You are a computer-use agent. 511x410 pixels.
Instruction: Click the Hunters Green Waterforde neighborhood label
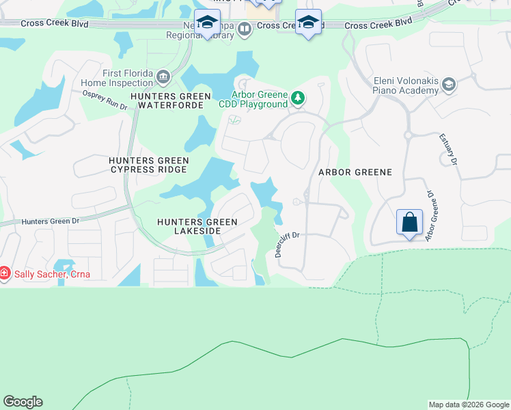pos(170,101)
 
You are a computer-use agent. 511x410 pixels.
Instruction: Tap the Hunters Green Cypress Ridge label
pos(148,165)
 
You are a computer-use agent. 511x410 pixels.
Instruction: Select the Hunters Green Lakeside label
pos(197,227)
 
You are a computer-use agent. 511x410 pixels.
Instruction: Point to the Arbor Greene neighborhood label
pos(355,172)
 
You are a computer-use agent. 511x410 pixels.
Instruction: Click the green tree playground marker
pos(297,98)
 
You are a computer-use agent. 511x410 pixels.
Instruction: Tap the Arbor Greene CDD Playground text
pos(253,100)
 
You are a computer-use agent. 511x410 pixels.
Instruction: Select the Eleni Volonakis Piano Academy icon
pos(449,85)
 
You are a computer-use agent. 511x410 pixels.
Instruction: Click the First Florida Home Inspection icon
pos(163,75)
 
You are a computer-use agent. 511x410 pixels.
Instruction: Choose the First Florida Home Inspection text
pos(127,79)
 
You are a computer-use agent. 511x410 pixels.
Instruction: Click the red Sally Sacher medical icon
pos(5,274)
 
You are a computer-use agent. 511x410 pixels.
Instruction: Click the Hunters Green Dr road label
pos(51,221)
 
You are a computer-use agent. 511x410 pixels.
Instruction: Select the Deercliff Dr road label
pos(288,243)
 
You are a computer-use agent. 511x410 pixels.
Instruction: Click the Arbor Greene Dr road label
pos(431,215)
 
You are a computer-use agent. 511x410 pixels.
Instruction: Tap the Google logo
pos(23,402)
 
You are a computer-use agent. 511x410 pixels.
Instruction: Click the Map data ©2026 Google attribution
pos(469,405)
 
